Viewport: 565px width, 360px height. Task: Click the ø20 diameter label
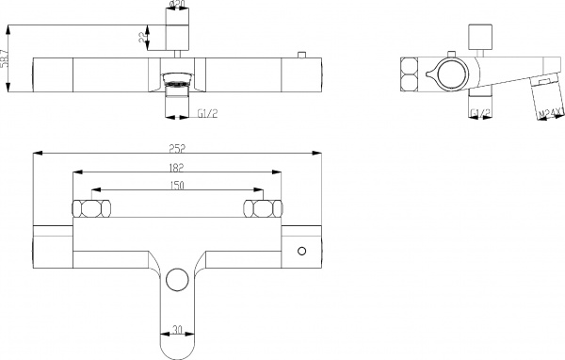pos(177,5)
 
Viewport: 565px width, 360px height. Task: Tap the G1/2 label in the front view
pos(208,113)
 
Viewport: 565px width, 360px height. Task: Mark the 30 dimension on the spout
pos(177,331)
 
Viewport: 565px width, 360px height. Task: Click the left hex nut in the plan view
pos(94,208)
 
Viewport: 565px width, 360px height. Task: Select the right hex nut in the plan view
pos(260,208)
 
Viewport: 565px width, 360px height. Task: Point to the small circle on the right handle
pos(302,251)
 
